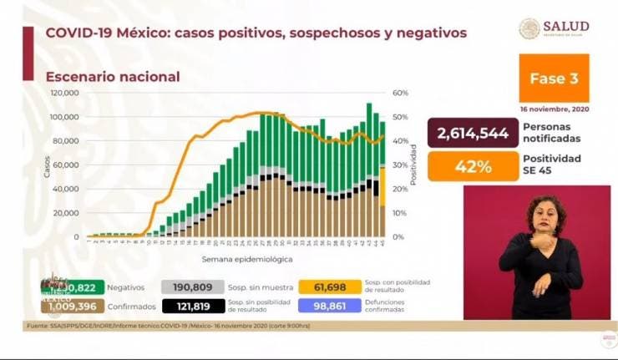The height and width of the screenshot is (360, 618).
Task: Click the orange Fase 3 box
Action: tap(554, 78)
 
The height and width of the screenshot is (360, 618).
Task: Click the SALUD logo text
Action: tap(565, 27)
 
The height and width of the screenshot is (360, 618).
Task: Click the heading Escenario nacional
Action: tap(113, 77)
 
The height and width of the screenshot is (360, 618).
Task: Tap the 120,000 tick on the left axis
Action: tap(64, 93)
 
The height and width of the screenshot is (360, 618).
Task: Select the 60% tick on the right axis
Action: tap(400, 93)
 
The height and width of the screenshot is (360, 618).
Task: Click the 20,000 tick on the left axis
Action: tap(66, 213)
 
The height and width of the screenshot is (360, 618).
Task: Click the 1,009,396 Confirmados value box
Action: tap(73, 306)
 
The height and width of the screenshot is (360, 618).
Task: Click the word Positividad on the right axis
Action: tap(413, 165)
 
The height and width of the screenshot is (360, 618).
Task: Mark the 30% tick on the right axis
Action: tap(400, 165)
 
